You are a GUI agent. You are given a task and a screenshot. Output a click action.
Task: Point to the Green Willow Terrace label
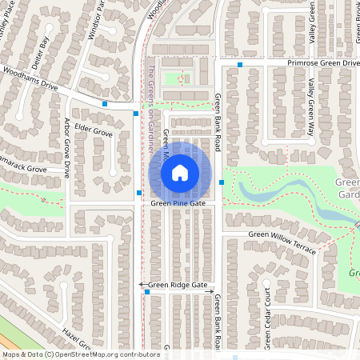coord(282,241)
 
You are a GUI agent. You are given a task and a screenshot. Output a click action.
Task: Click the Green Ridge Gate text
coord(178,285)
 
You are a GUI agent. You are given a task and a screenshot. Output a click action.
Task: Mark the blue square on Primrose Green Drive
coord(240,63)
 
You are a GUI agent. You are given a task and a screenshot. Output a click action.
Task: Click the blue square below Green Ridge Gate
coord(147,292)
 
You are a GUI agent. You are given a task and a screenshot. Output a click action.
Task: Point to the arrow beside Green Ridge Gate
coord(142,285)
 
